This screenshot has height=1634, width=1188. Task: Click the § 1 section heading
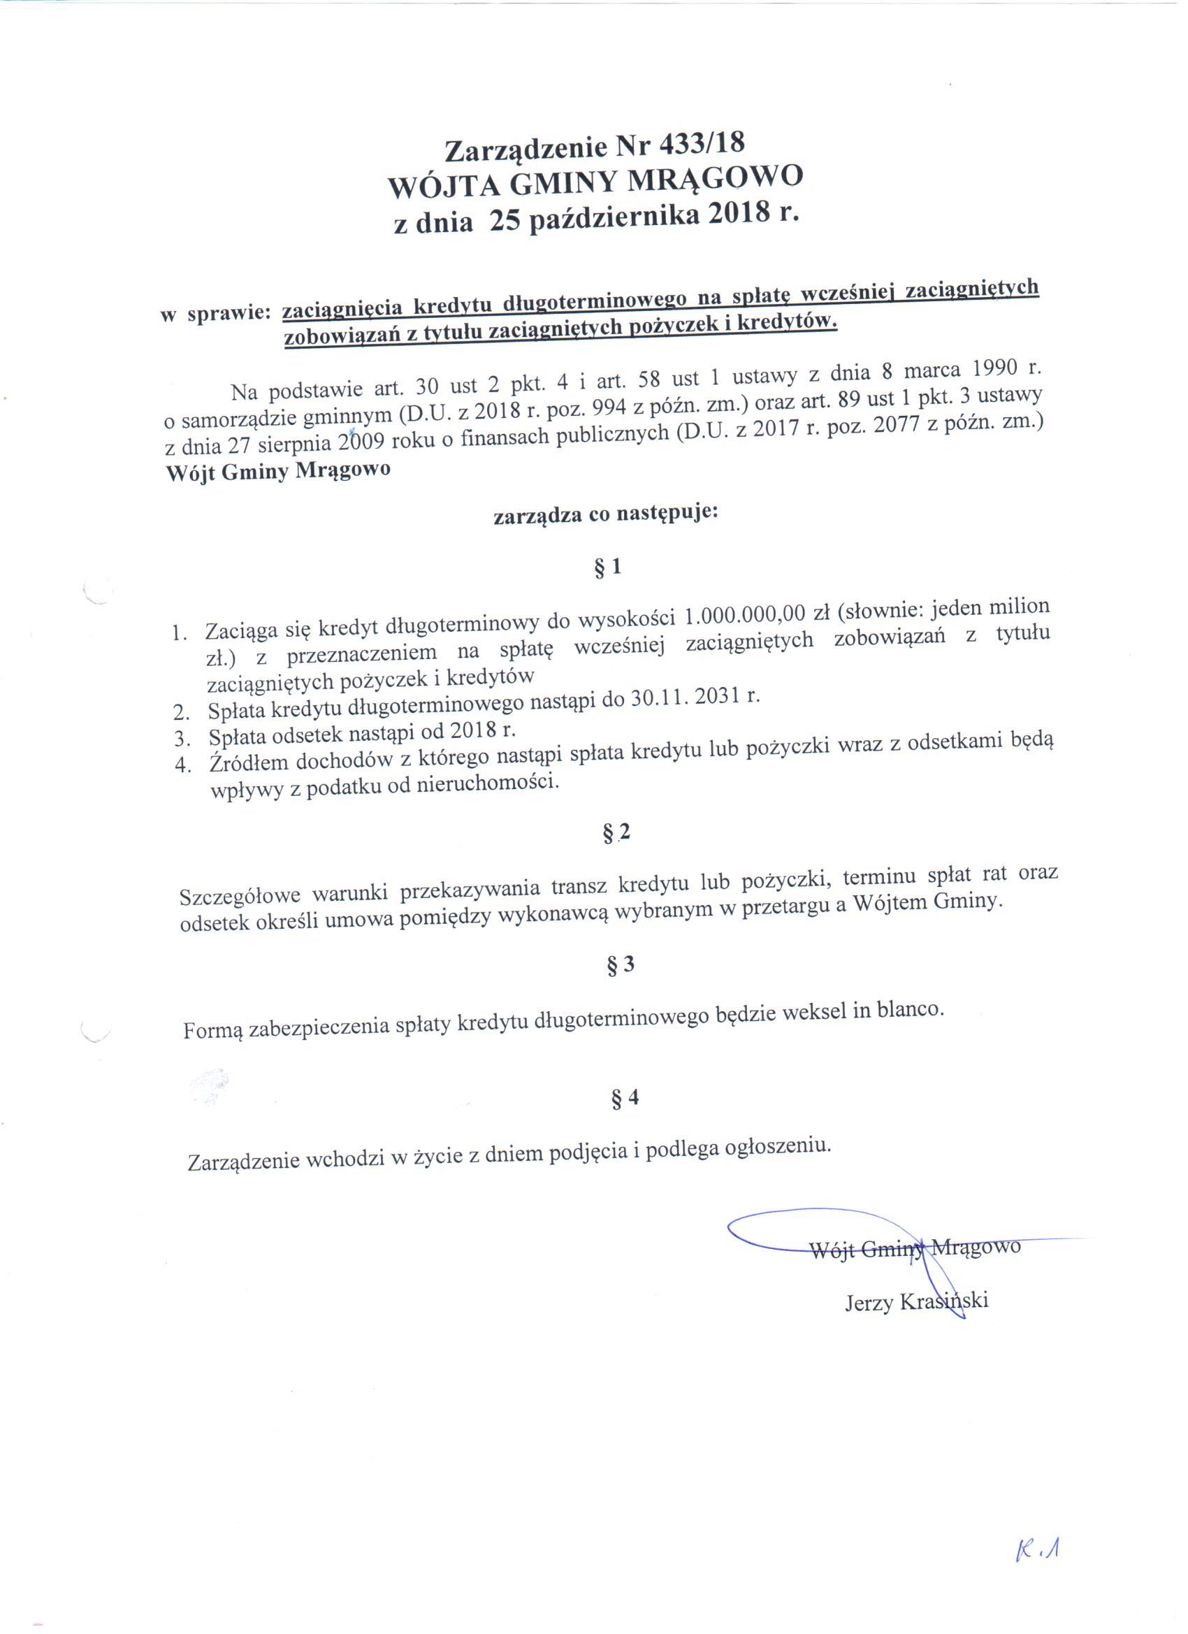click(607, 568)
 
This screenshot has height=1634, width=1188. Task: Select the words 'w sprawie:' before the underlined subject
click(215, 313)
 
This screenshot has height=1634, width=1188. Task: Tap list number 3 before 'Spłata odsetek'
click(182, 739)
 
